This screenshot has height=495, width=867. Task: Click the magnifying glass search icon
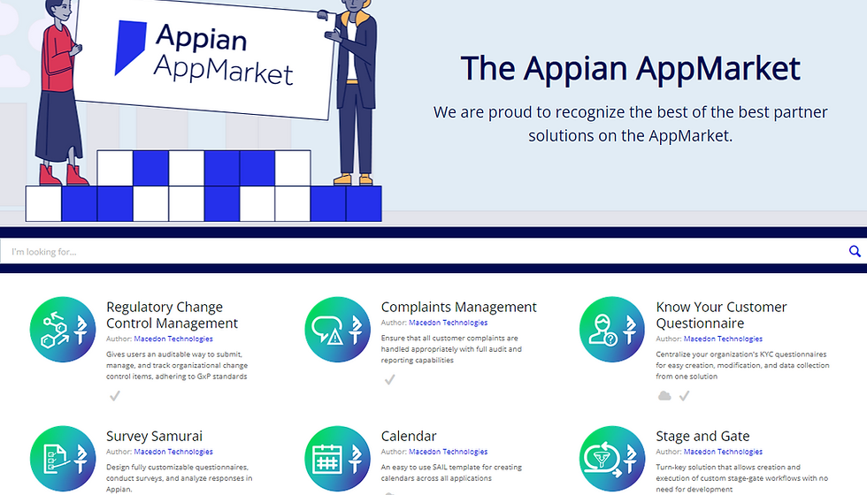coord(855,252)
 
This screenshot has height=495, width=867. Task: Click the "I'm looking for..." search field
coord(425,252)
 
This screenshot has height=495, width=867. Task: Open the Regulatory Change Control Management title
coord(172,315)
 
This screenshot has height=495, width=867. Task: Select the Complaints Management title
coord(458,308)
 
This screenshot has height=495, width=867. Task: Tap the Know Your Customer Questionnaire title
coord(721,315)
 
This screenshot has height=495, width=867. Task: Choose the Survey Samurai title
coord(154,437)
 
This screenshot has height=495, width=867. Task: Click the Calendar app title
coord(408,437)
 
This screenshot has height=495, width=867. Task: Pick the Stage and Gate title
coord(702,437)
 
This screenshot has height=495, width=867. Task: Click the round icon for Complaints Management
coord(337,330)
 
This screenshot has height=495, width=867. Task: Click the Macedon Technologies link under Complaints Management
coord(448,324)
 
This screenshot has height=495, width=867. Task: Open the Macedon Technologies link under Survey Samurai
coord(173,453)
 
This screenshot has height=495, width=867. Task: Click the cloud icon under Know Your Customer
coord(664,396)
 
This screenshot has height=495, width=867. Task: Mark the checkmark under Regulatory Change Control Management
coord(114,396)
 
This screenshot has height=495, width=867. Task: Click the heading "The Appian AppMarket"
coord(630,69)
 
